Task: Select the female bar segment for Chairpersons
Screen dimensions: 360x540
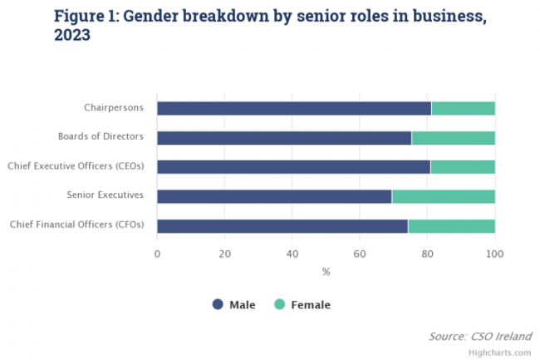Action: [x=464, y=108]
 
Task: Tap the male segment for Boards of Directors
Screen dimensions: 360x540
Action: [x=284, y=137]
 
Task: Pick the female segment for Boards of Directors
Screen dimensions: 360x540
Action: [x=454, y=137]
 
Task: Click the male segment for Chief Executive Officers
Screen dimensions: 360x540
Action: [x=293, y=167]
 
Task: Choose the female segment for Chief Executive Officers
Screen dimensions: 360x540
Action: [x=463, y=167]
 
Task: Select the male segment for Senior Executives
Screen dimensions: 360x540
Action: [x=274, y=196]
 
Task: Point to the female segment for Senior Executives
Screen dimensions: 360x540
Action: [x=444, y=196]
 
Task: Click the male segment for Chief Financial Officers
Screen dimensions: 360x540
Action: [x=282, y=226]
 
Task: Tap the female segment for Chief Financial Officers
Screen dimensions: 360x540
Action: [x=452, y=226]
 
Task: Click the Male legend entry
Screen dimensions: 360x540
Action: [x=234, y=304]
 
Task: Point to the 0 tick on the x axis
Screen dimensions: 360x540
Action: [x=157, y=253]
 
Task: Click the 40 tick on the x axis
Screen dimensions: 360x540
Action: [x=292, y=253]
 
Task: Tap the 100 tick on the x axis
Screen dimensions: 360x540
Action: [x=495, y=253]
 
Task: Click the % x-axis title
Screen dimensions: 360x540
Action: [x=326, y=271]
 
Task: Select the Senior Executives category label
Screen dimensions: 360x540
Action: [x=106, y=196]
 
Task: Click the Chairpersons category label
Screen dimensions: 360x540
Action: [x=114, y=108]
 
